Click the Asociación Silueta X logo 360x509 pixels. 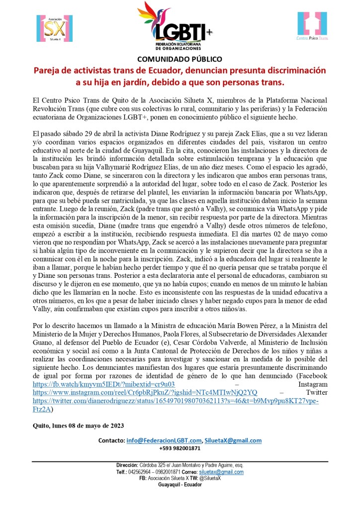coord(52,29)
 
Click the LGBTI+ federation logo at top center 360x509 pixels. coord(176,26)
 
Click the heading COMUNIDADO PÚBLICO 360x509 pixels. coord(180,59)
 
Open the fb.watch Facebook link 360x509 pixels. coord(103,384)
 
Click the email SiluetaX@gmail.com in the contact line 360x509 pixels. coord(233,440)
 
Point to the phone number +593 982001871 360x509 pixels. coord(180,448)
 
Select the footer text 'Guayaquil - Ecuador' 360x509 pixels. coord(180,485)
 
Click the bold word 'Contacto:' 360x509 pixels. coord(111,440)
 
